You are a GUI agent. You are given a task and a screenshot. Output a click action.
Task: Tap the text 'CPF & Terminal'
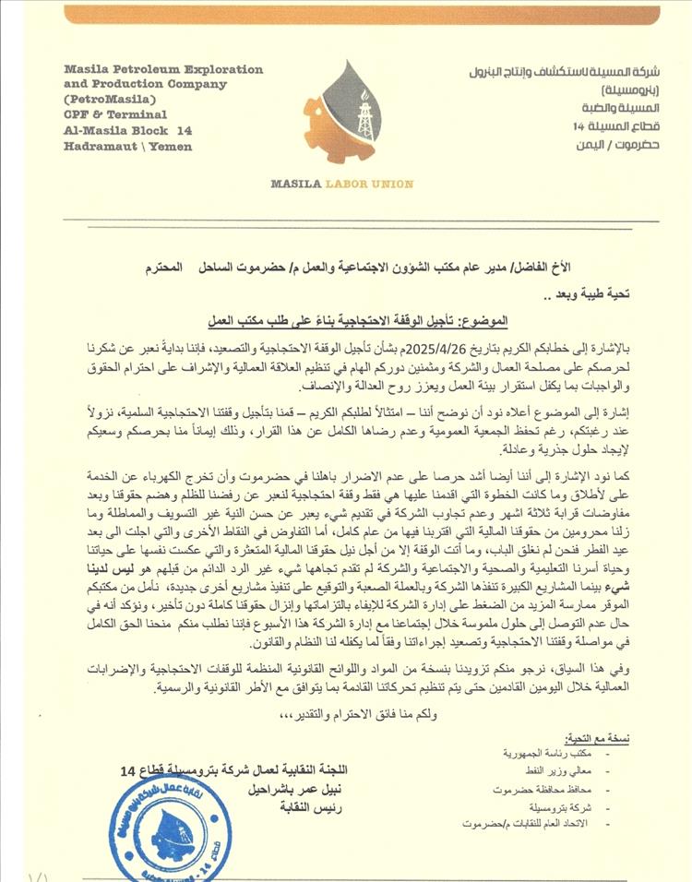(115, 114)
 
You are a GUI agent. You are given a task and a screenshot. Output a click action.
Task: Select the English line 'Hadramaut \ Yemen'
(127, 147)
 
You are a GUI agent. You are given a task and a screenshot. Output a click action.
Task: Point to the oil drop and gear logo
(353, 111)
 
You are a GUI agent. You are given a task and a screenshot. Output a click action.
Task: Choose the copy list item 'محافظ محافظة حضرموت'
(544, 790)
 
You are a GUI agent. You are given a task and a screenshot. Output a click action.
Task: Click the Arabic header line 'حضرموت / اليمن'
(604, 146)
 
